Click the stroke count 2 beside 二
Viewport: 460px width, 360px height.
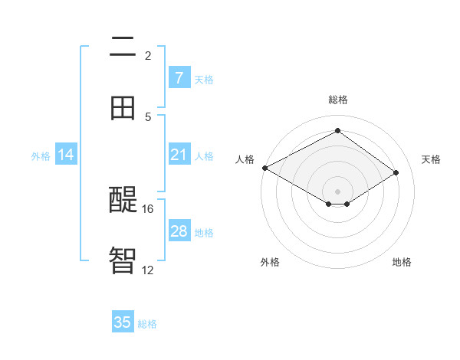pyautogui.click(x=148, y=55)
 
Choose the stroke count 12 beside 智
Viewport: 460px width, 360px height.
pyautogui.click(x=148, y=269)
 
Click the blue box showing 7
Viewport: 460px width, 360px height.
pyautogui.click(x=179, y=77)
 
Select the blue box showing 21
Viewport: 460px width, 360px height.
pyautogui.click(x=179, y=155)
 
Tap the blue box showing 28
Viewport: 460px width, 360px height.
pyautogui.click(x=179, y=231)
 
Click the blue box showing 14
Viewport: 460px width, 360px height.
pyautogui.click(x=66, y=155)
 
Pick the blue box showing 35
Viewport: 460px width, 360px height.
pyautogui.click(x=123, y=322)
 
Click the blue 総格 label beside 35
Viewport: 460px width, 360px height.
pyautogui.click(x=147, y=324)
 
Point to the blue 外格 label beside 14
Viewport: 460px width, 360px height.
pyautogui.click(x=41, y=155)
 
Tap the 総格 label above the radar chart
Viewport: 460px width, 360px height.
pyautogui.click(x=337, y=100)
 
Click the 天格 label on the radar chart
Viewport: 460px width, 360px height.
pyautogui.click(x=431, y=159)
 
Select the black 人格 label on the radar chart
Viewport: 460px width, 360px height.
pyautogui.click(x=245, y=159)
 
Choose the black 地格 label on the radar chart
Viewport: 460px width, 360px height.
pyautogui.click(x=402, y=262)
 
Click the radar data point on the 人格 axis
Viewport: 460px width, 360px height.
pyautogui.click(x=264, y=168)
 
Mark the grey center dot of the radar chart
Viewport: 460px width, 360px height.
pyautogui.click(x=337, y=191)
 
